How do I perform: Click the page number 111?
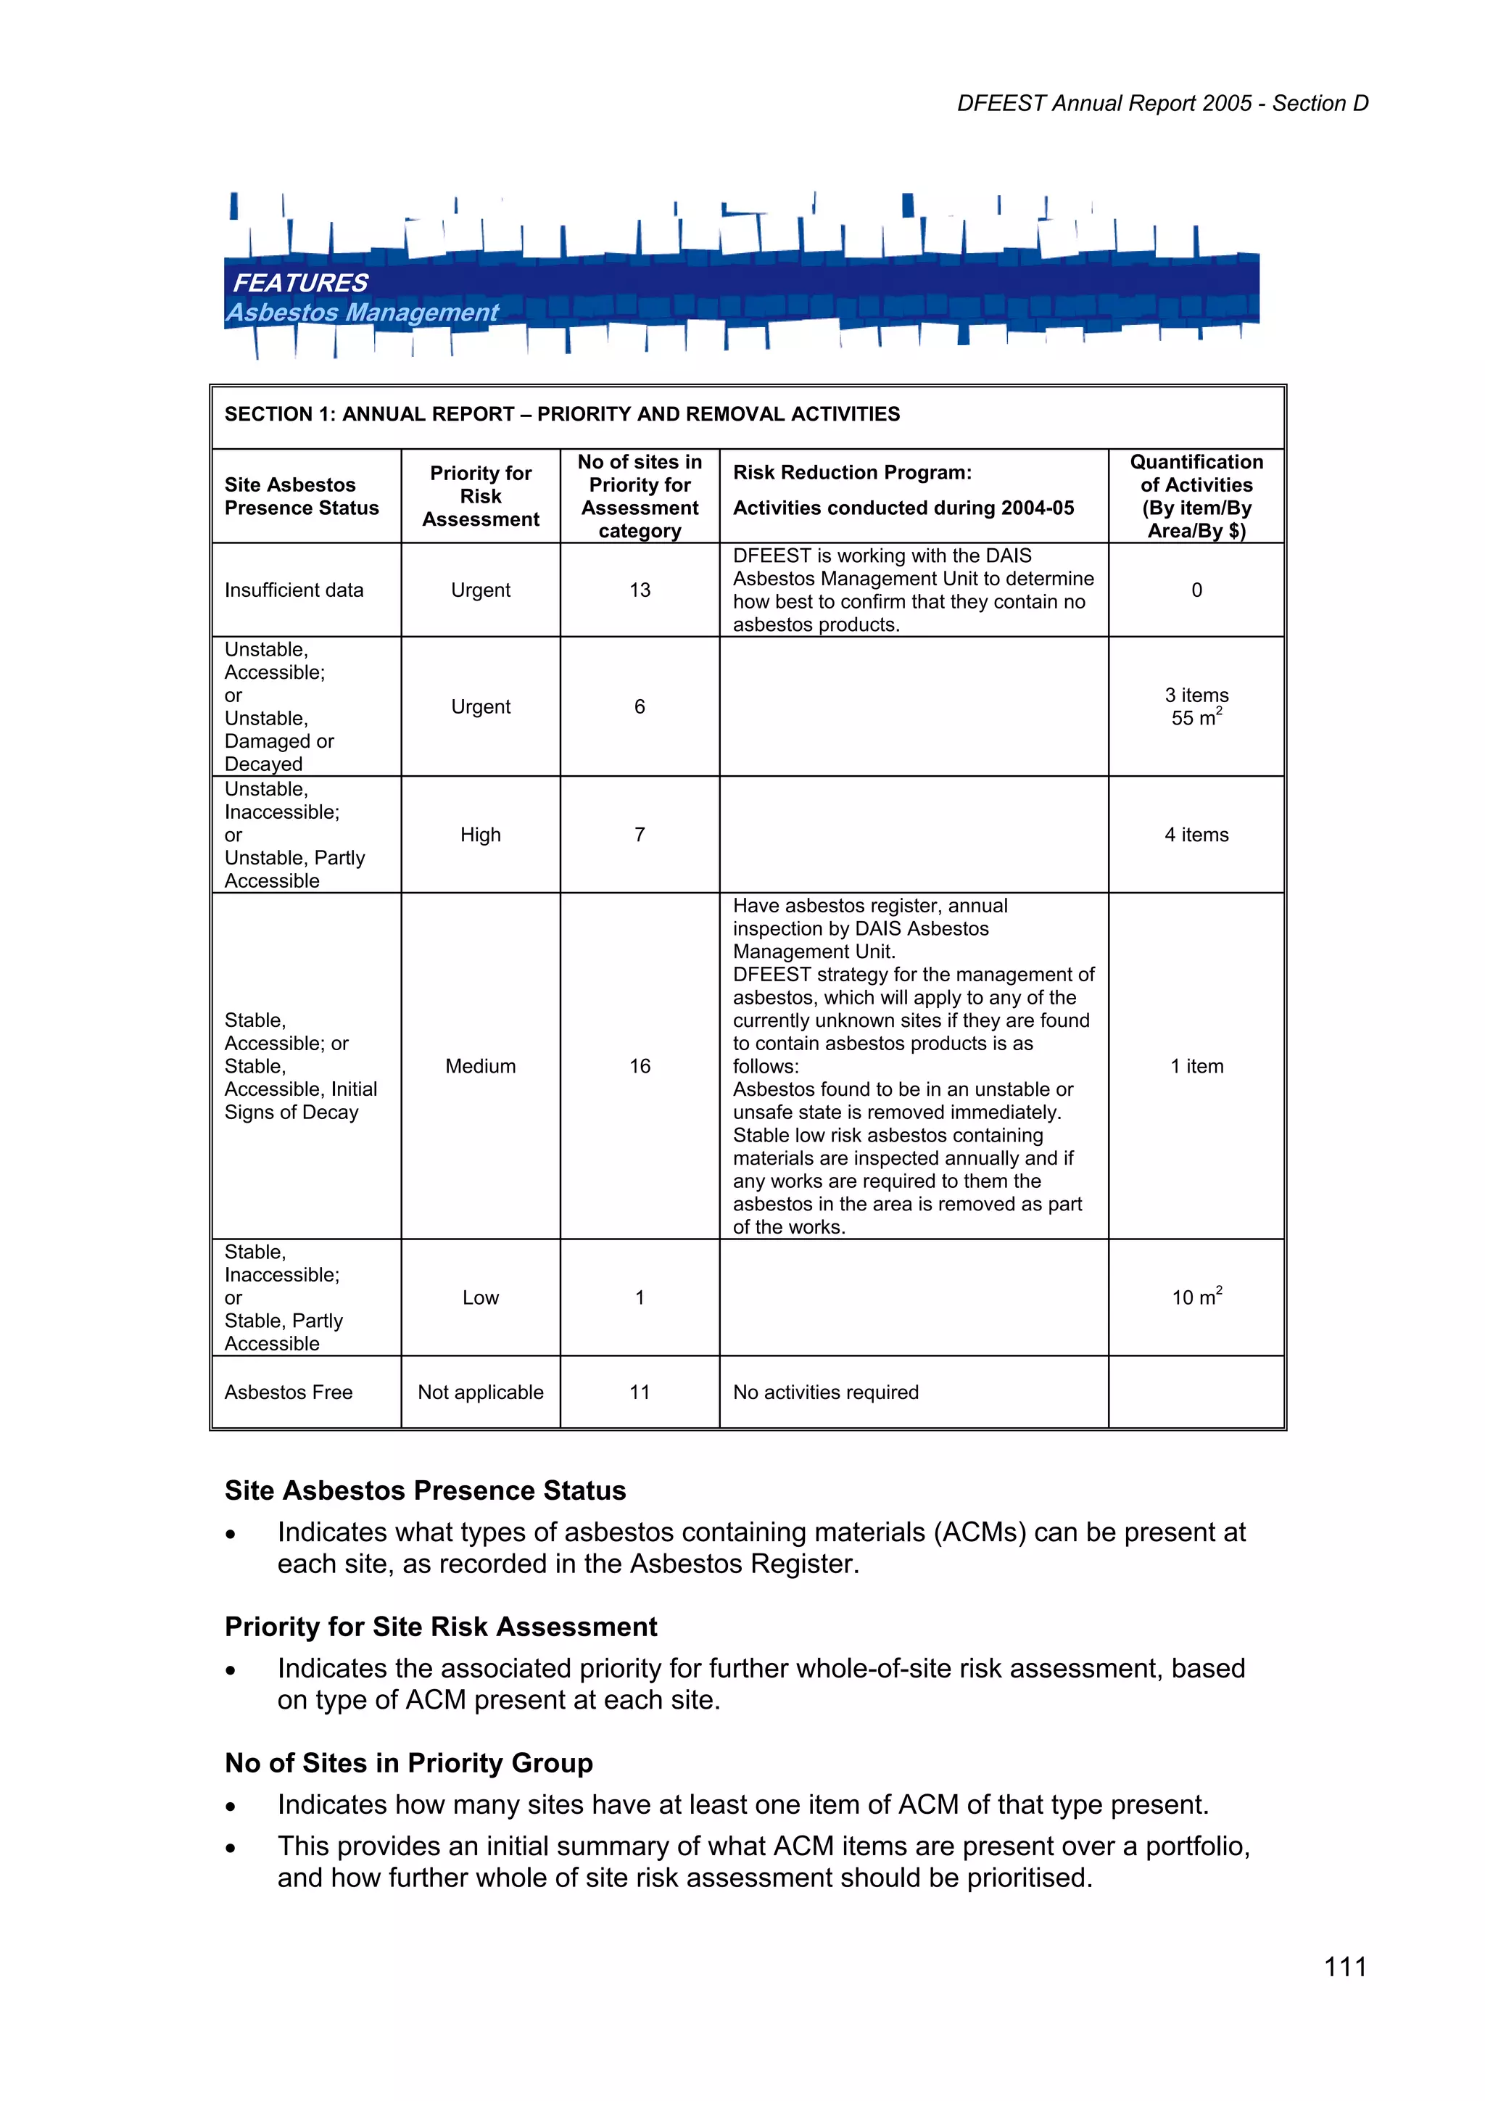pos(1345,1967)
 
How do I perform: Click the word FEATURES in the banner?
pos(300,283)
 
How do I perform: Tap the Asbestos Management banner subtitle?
pos(363,312)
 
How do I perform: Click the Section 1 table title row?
pos(562,415)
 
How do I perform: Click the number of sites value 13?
pos(640,590)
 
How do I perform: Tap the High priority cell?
pos(480,835)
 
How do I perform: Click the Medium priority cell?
pos(480,1066)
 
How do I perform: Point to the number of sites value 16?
pos(640,1066)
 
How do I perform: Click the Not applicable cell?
pos(480,1392)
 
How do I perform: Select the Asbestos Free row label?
pos(288,1392)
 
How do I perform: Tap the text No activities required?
pos(825,1392)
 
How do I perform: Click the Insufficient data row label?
pos(294,590)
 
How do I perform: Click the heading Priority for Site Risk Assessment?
pos(441,1627)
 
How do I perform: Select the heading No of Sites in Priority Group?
pos(409,1763)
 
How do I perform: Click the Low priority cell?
pos(480,1297)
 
